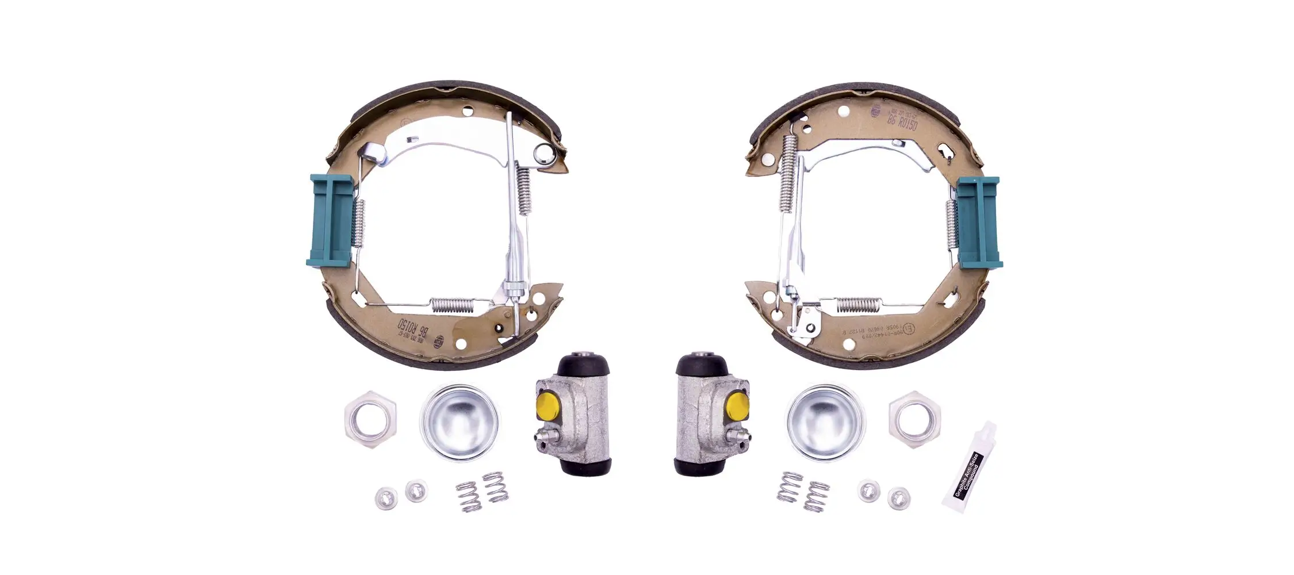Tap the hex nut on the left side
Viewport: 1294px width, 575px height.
click(x=370, y=419)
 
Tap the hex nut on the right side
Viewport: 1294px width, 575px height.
click(x=914, y=419)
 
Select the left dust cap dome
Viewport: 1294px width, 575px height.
click(x=459, y=422)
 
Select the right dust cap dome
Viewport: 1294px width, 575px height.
click(x=825, y=421)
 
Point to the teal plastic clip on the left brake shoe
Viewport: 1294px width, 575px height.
click(x=330, y=221)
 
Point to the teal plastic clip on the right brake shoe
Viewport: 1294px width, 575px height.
click(x=979, y=222)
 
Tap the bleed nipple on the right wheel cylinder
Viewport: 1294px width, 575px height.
click(x=742, y=442)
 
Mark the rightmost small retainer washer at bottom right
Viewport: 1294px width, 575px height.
click(x=898, y=497)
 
